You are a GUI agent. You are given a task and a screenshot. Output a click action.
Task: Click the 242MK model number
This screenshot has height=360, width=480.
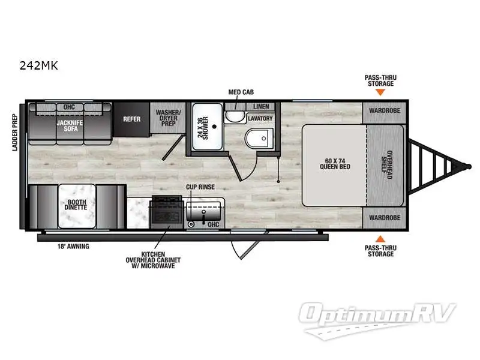click(38, 67)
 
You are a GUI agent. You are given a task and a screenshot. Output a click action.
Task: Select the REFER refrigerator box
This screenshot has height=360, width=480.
click(131, 119)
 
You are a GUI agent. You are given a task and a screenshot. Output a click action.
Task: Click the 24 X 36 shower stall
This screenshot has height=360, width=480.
click(206, 127)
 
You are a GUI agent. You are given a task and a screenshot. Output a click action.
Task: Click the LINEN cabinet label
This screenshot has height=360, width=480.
click(260, 106)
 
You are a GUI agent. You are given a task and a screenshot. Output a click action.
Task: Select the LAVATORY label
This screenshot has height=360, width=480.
click(260, 118)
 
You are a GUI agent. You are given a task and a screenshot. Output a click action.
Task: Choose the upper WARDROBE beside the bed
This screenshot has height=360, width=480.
click(385, 111)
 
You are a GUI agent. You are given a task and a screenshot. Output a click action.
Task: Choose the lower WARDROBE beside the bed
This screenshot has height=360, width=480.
click(385, 217)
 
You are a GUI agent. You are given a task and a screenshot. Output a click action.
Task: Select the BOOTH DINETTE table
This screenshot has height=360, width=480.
click(76, 205)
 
